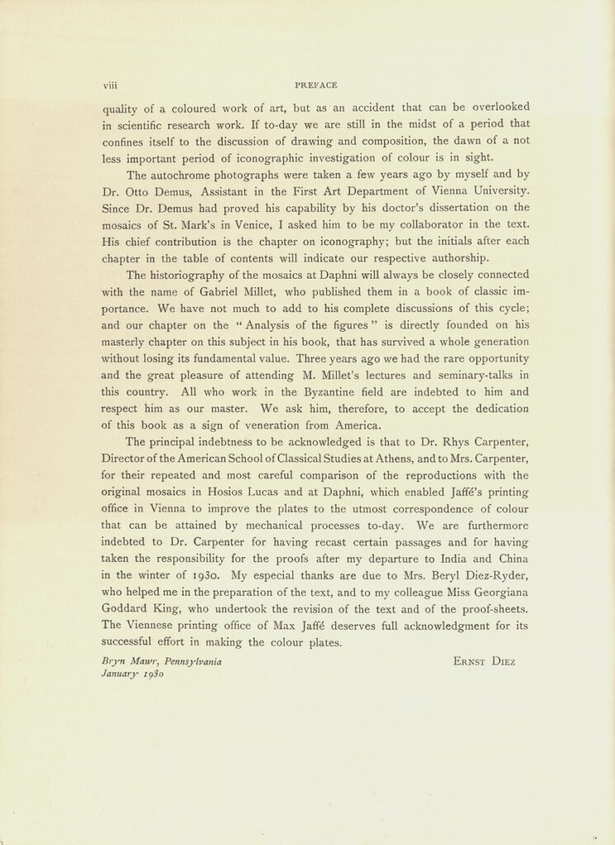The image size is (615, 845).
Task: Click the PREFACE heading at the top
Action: point(315,84)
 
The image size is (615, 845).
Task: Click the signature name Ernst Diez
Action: point(484,662)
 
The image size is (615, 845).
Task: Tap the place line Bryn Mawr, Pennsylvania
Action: point(161,662)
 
